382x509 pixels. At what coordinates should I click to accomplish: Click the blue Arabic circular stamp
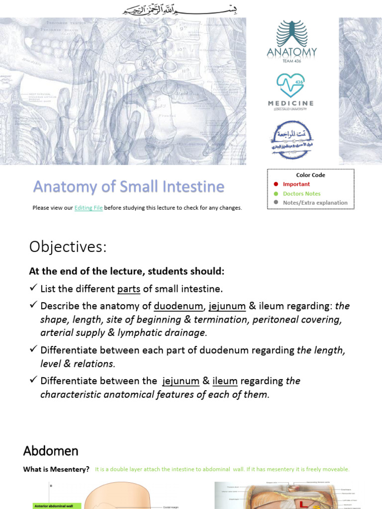[x=291, y=140]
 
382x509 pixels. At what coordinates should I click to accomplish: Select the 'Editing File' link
[x=89, y=208]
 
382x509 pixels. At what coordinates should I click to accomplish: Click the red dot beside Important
[x=276, y=184]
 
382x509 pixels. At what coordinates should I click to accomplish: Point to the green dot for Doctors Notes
[x=276, y=194]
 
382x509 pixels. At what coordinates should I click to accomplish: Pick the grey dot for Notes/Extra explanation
[x=276, y=203]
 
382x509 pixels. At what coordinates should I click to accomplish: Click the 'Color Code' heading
[x=310, y=175]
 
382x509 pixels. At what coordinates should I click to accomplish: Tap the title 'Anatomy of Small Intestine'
[x=129, y=187]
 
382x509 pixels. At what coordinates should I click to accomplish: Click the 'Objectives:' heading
[x=68, y=247]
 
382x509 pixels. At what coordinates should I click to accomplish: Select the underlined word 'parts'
[x=129, y=289]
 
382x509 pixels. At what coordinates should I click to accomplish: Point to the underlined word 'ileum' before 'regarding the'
[x=225, y=381]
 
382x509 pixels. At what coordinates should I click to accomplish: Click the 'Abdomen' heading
[x=51, y=451]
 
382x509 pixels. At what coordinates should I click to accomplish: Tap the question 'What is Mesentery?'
[x=56, y=469]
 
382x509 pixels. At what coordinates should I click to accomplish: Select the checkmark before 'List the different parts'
[x=33, y=288]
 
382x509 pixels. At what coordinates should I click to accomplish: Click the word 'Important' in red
[x=296, y=184]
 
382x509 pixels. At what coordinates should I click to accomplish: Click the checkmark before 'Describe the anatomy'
[x=33, y=305]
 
